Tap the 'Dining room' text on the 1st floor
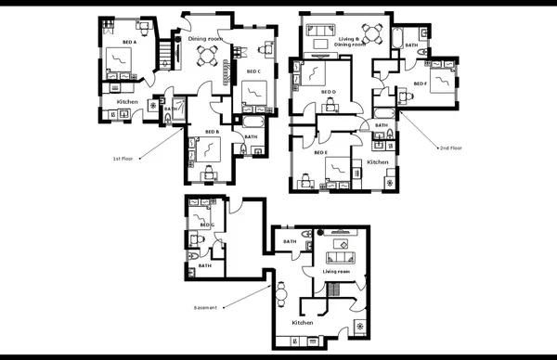click(x=205, y=39)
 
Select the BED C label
click(x=253, y=71)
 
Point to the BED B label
click(x=211, y=132)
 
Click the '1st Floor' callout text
click(x=123, y=159)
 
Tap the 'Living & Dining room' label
click(x=351, y=42)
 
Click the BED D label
click(x=328, y=92)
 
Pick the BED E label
click(x=321, y=152)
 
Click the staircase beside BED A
click(x=168, y=53)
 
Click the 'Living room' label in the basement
click(x=336, y=272)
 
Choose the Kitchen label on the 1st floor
click(x=127, y=101)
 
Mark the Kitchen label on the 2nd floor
click(x=378, y=162)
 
